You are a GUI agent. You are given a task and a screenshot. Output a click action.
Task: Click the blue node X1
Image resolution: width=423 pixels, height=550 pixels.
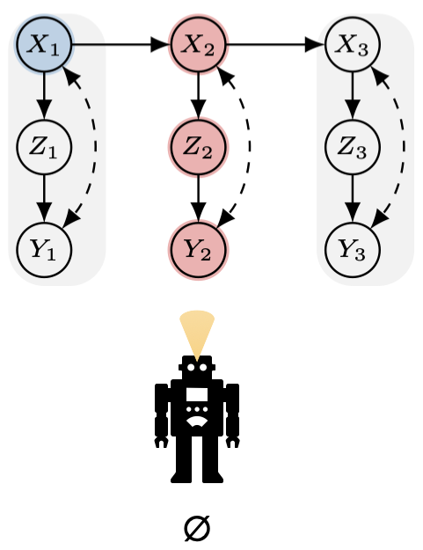(x=44, y=44)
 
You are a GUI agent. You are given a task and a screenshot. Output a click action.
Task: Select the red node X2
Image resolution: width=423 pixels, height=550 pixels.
(x=199, y=44)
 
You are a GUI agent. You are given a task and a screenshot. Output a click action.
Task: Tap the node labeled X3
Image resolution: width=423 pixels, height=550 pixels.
(x=353, y=44)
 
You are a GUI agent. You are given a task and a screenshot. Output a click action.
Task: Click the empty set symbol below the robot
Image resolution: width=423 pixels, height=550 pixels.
(x=197, y=527)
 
